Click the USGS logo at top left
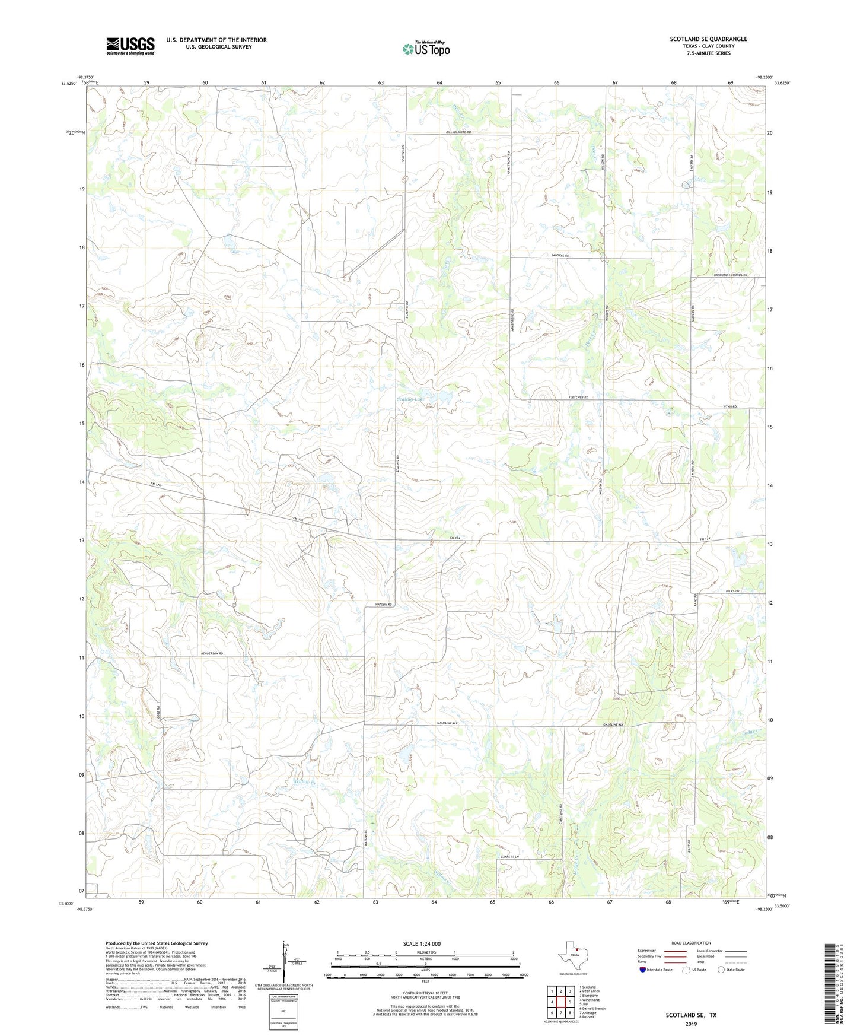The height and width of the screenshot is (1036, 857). [130, 46]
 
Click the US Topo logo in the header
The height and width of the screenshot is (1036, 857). [426, 49]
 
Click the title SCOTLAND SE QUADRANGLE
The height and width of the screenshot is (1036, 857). [708, 39]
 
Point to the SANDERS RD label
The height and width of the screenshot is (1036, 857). [560, 255]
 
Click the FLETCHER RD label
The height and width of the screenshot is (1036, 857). [578, 397]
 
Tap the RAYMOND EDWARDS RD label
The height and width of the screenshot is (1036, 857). [731, 275]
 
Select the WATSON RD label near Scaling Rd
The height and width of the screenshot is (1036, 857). [384, 605]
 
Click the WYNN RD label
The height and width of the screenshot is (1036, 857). [729, 406]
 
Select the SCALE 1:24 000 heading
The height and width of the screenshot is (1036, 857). [422, 944]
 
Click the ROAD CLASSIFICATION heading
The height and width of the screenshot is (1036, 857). [691, 943]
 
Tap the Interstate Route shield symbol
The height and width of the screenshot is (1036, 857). [643, 970]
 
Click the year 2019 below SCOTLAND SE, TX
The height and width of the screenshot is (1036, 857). [691, 1024]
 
